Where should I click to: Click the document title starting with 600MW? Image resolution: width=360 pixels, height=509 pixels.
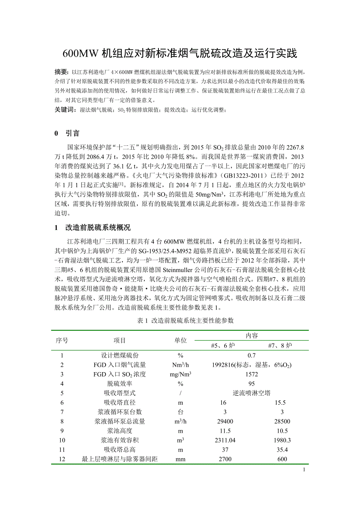tap(180, 53)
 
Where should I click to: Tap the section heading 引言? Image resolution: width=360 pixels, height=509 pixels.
tap(72, 134)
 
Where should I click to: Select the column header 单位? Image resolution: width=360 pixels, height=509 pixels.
tap(180, 341)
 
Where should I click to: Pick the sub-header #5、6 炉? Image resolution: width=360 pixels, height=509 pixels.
tap(221, 346)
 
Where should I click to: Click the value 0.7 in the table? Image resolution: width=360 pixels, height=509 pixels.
tap(251, 355)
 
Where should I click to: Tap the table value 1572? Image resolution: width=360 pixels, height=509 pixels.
tap(251, 374)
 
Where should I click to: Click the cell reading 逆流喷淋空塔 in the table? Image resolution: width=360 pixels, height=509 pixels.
tap(251, 393)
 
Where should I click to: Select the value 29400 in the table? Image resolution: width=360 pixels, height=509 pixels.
tap(221, 421)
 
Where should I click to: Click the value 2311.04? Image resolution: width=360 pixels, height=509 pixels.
tap(221, 440)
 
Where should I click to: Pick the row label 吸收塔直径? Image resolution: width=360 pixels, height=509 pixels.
tap(119, 402)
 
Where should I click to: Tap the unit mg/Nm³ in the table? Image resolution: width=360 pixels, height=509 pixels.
tap(180, 374)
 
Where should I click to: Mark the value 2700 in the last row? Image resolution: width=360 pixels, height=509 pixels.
tap(221, 459)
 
